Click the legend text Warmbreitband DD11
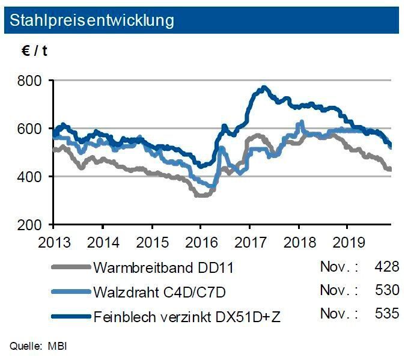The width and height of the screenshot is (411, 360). [163, 268]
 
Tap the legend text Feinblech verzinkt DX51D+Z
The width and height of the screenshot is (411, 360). [187, 314]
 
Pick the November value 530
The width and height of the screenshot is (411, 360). [386, 290]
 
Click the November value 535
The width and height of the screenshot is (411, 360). [386, 314]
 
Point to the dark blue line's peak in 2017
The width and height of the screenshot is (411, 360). [263, 88]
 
